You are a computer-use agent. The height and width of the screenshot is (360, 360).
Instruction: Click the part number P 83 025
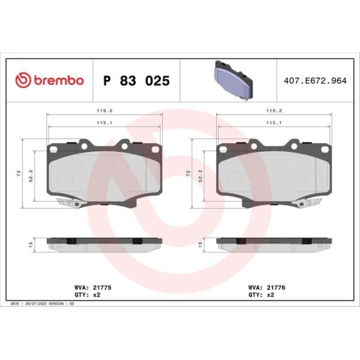tap(137, 81)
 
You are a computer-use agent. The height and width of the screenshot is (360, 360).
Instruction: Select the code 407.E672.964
tap(314, 81)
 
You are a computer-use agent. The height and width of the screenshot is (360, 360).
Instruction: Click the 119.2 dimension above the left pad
tap(105, 112)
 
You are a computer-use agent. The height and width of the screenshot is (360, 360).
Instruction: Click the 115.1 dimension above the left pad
tap(105, 123)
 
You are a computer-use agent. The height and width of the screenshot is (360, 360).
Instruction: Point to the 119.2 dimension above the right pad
tap(274, 112)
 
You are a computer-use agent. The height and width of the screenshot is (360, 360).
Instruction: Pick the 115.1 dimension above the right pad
tap(274, 123)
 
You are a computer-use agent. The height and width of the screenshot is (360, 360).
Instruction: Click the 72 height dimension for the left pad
tap(19, 174)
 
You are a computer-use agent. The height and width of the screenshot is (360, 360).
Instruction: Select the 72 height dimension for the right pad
tap(189, 174)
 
